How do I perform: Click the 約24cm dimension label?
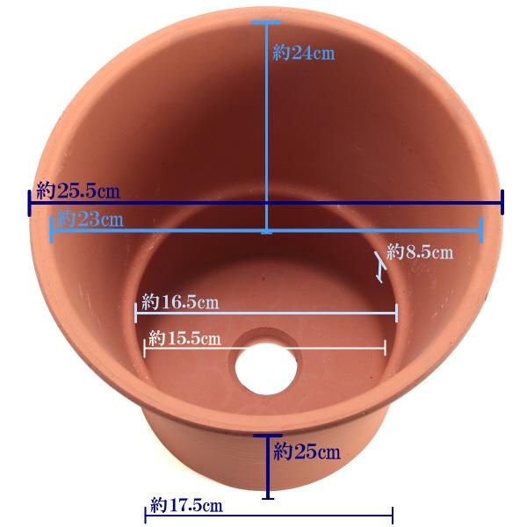304,53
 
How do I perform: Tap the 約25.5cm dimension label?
78,191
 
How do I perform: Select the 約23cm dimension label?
90,219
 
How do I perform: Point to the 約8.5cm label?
420,251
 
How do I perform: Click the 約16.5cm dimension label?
180,301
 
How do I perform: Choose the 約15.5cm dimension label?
184,338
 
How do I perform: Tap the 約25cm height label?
307,451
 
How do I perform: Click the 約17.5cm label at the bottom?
186,505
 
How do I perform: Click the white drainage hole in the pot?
266,369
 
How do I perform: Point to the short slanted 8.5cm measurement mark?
380,267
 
